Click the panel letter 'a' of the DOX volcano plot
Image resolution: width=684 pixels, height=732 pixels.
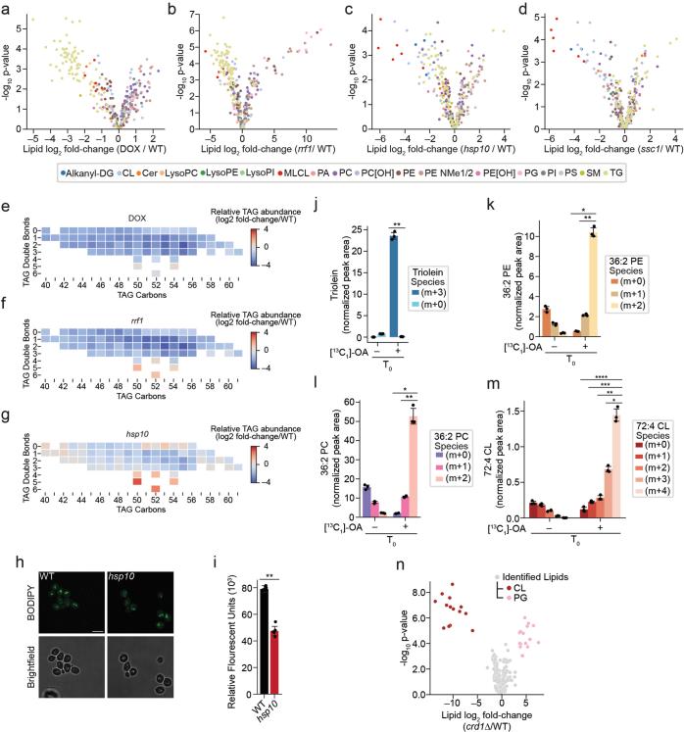pos(8,9)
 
